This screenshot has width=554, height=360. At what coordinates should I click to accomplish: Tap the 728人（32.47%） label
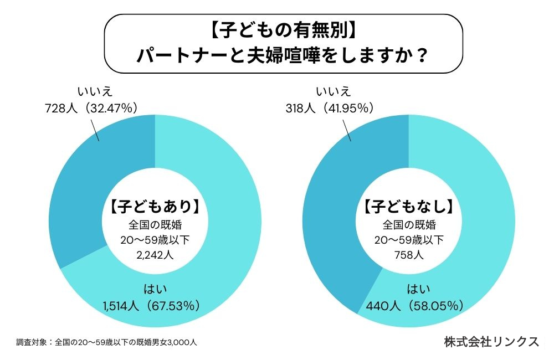pyautogui.click(x=91, y=108)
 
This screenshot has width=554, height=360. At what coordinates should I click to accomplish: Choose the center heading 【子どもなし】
pyautogui.click(x=409, y=208)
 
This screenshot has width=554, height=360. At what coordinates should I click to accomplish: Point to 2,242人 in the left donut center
pyautogui.click(x=155, y=255)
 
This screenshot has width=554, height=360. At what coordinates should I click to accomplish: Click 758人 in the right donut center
pyautogui.click(x=409, y=255)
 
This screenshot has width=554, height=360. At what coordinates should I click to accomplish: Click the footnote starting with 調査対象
pyautogui.click(x=106, y=342)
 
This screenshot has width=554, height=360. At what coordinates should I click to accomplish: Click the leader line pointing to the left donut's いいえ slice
pyautogui.click(x=94, y=129)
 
